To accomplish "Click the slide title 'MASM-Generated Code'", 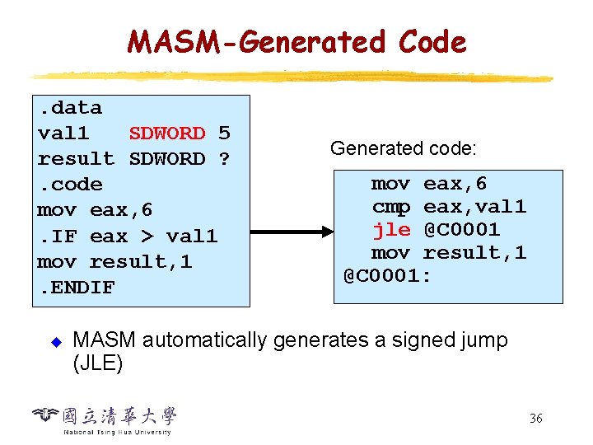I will [x=296, y=41].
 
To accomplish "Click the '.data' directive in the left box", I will [x=70, y=108].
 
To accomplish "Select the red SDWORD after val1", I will [x=167, y=133].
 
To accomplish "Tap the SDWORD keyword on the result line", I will [x=167, y=158].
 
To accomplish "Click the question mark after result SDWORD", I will [x=224, y=158].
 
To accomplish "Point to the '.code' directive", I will [x=70, y=185].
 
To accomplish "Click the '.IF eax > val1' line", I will [x=128, y=237].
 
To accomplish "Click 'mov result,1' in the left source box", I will [x=114, y=262].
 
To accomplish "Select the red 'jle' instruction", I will [x=391, y=229].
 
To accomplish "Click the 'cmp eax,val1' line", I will [x=449, y=206].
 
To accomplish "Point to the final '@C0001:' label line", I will [x=387, y=275].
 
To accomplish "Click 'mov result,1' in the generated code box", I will [x=449, y=252].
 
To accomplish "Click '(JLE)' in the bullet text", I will [x=98, y=363].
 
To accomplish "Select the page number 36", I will [x=535, y=419].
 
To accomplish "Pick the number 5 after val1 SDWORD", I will [x=224, y=133].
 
